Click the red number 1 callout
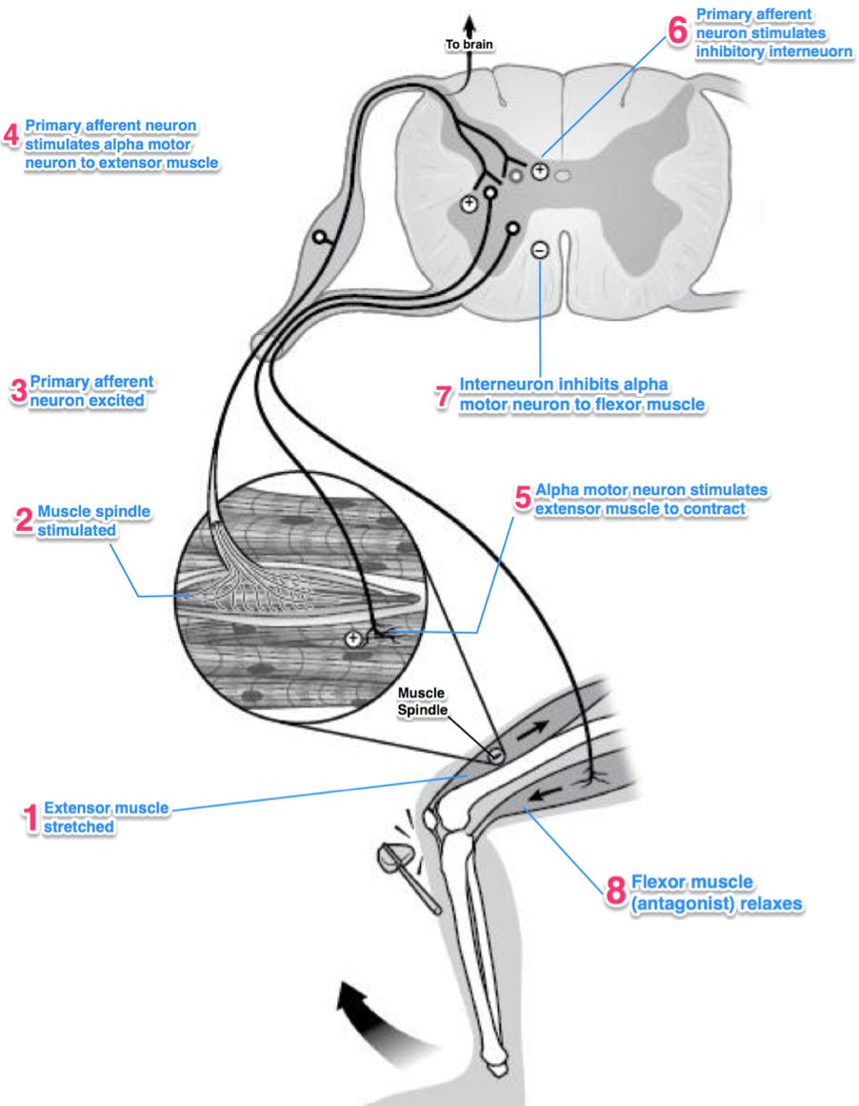coord(30,819)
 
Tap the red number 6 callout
coord(677,30)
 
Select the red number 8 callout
coord(615,890)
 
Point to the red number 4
coord(11,135)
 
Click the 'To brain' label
coord(469,45)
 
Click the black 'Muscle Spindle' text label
coord(422,701)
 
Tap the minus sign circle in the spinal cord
coord(540,249)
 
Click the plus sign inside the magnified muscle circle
coord(353,639)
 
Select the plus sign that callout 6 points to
coord(540,170)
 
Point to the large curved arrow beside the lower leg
coord(381,1019)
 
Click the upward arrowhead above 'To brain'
coord(469,26)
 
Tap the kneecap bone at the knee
coord(430,819)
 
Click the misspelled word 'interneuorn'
coord(810,51)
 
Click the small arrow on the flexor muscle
coord(546,794)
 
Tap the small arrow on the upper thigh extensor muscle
coord(533,731)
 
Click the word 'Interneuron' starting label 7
coord(506,384)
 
